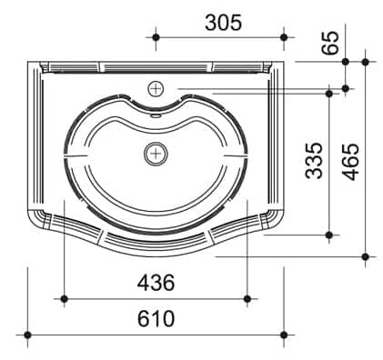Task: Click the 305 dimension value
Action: point(223,22)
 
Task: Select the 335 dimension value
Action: point(314,161)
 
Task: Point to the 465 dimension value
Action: point(349,161)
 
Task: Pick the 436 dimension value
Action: point(156,283)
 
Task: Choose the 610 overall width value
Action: point(156,319)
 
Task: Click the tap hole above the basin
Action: point(156,88)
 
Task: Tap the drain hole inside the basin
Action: point(156,154)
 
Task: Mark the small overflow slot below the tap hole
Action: point(156,115)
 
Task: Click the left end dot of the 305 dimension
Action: point(156,37)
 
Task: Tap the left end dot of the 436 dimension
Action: point(63,297)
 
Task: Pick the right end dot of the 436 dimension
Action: point(247,297)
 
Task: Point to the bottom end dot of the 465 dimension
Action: point(365,256)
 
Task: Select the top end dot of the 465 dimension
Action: point(365,62)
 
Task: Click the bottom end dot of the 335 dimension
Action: point(328,235)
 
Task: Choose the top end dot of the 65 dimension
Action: point(346,62)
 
